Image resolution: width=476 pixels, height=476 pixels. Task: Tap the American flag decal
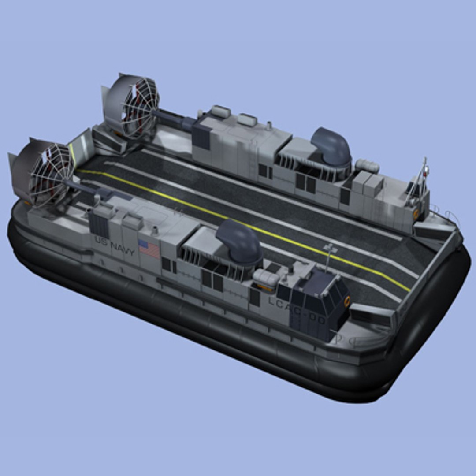click(149, 249)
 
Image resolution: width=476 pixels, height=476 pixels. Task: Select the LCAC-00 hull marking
click(296, 310)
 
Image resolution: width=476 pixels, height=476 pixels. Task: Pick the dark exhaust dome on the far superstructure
click(331, 146)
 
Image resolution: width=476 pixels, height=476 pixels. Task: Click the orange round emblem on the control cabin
click(347, 301)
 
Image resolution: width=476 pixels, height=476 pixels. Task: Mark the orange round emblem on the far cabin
click(416, 213)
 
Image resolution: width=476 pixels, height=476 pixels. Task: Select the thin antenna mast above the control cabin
click(328, 258)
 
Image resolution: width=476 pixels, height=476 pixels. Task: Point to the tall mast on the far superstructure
click(424, 174)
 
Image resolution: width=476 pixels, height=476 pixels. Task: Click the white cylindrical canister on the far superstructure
click(367, 166)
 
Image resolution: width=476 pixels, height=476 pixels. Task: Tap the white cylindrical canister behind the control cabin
click(266, 278)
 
